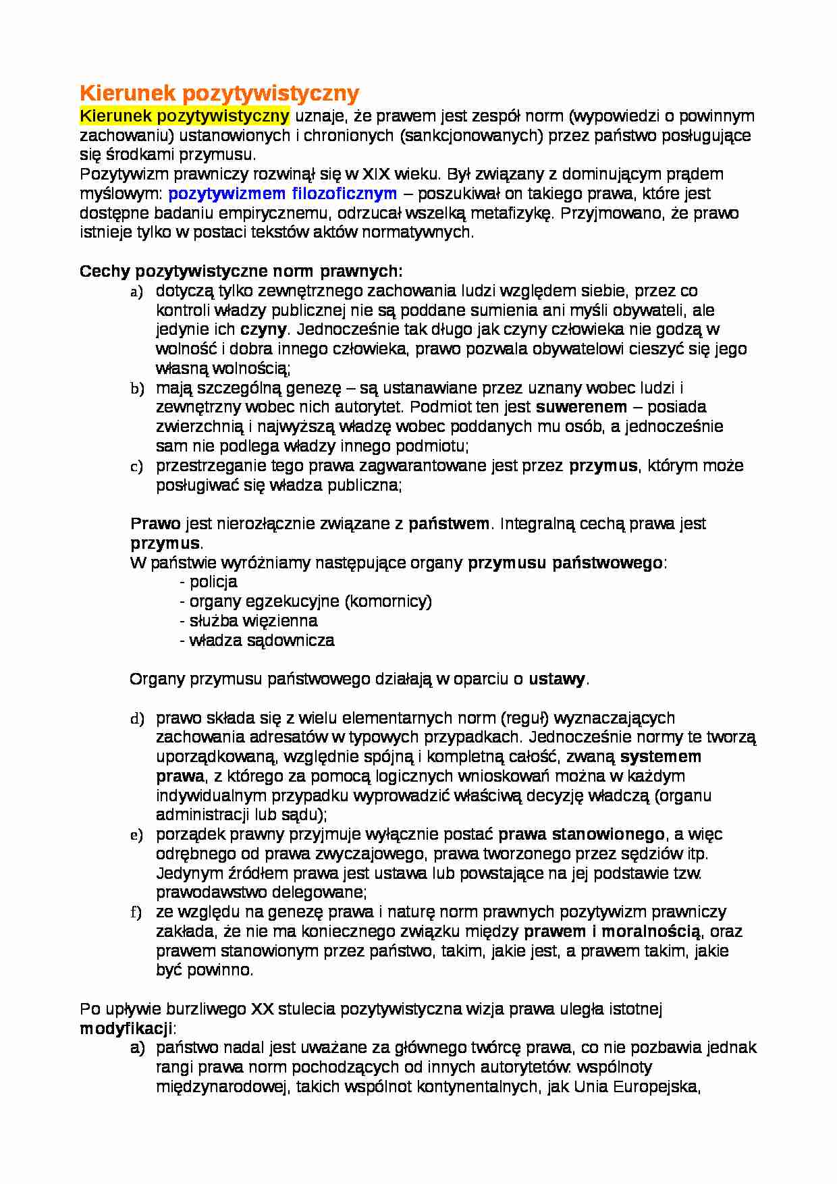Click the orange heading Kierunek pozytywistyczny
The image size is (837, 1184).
coord(219,92)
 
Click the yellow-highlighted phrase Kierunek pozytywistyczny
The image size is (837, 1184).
coord(184,116)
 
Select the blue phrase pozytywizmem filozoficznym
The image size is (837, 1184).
coord(282,194)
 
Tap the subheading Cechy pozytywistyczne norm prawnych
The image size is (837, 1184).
coord(241,271)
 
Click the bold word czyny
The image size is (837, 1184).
coord(264,330)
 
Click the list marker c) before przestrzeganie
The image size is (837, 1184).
coord(136,466)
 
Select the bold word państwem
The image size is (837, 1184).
coord(449,524)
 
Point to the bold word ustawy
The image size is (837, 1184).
coord(557,680)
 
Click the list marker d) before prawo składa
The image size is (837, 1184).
coord(137,719)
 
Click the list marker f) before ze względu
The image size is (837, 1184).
coord(136,913)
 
